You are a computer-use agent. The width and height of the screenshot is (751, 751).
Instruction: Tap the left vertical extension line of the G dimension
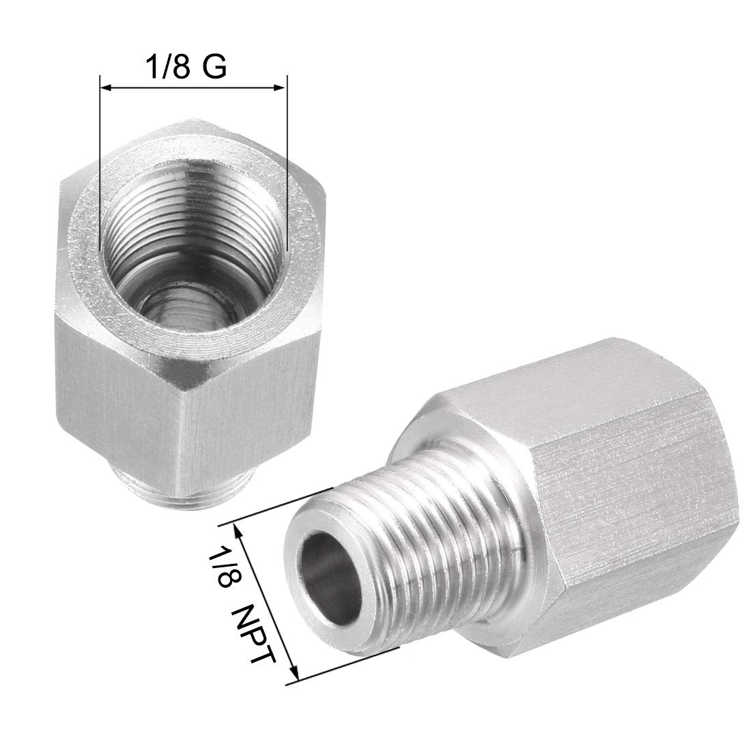click(x=100, y=171)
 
